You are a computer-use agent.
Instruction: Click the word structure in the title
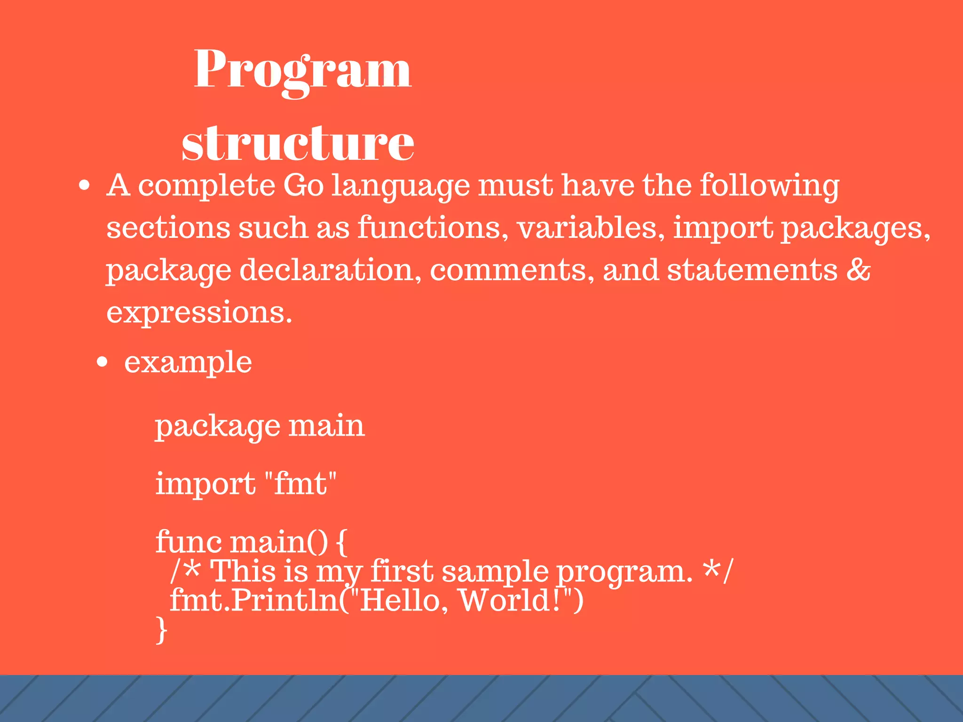pos(298,143)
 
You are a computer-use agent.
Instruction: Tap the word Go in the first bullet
pos(303,185)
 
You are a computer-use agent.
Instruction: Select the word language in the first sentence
pos(401,186)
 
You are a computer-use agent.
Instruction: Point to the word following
pos(769,185)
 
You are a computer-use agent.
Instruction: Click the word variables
pos(591,228)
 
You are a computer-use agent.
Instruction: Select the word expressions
pos(199,312)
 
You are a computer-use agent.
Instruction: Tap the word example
pos(188,363)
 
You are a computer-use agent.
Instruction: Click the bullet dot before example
pos(102,362)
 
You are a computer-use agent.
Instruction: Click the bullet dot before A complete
pos(84,186)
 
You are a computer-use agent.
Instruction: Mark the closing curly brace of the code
pos(161,630)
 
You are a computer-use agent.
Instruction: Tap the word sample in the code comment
pos(495,572)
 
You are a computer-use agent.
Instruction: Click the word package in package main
pos(217,427)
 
